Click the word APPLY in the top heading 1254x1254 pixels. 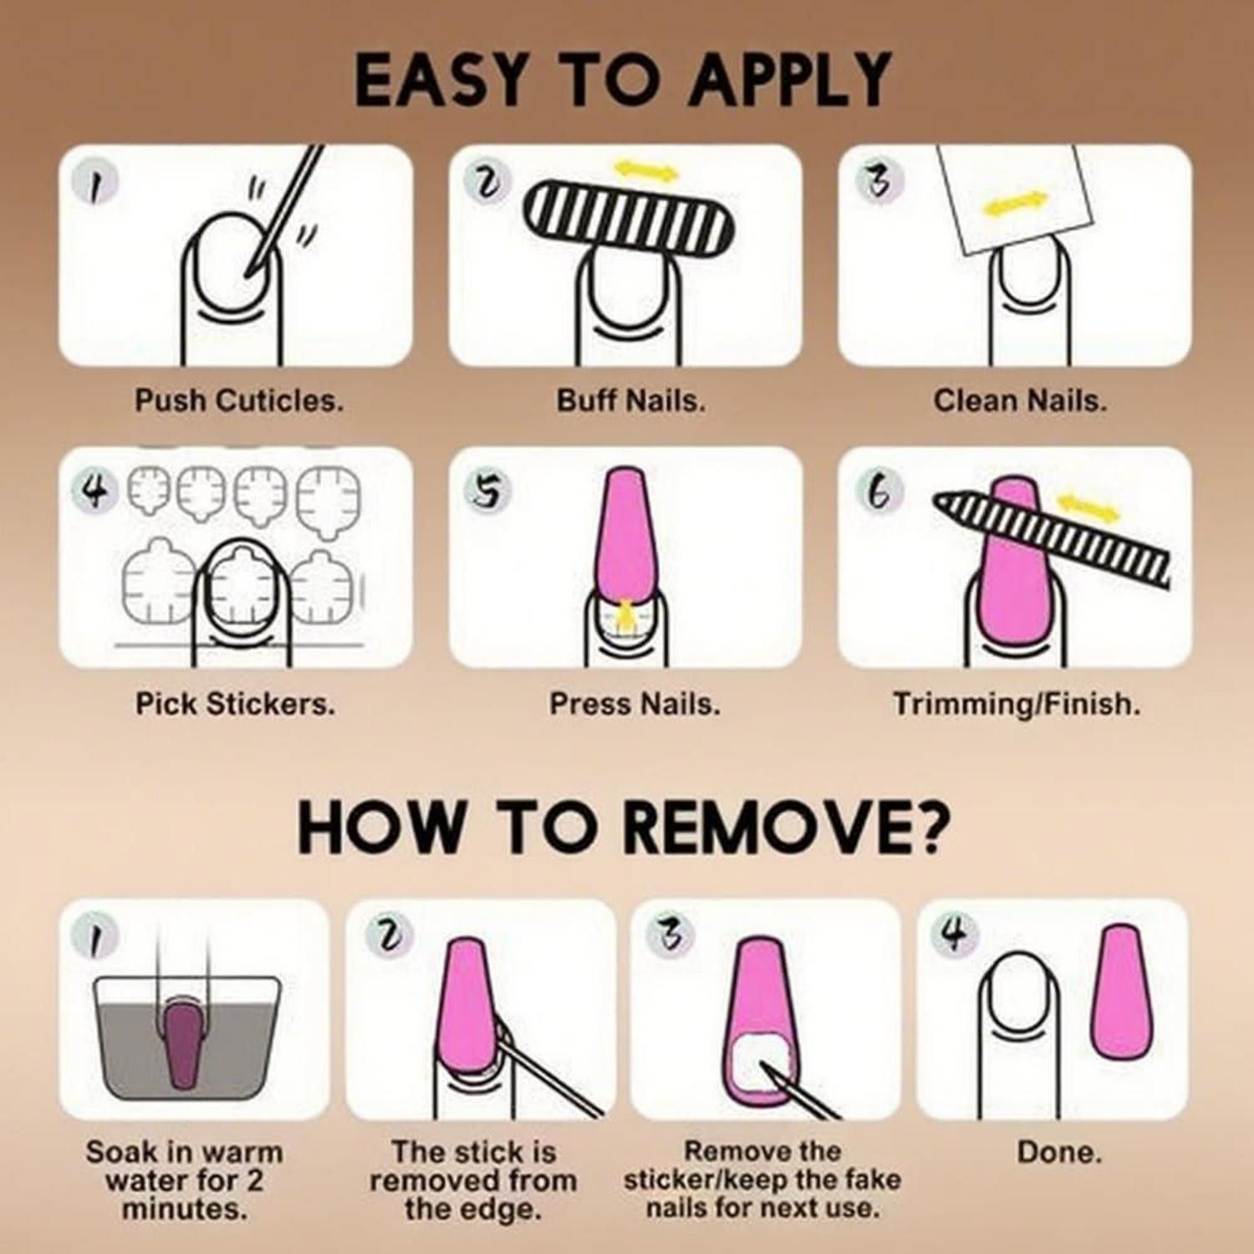click(x=791, y=80)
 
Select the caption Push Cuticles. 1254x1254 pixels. click(x=239, y=400)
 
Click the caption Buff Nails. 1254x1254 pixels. click(x=631, y=400)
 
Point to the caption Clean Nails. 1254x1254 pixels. click(x=1020, y=400)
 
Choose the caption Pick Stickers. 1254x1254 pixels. click(x=235, y=704)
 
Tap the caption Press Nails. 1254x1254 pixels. click(x=635, y=704)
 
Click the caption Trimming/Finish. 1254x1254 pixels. click(x=1017, y=704)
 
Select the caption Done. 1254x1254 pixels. click(x=1059, y=1153)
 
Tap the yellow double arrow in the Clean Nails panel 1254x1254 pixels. click(x=1015, y=203)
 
